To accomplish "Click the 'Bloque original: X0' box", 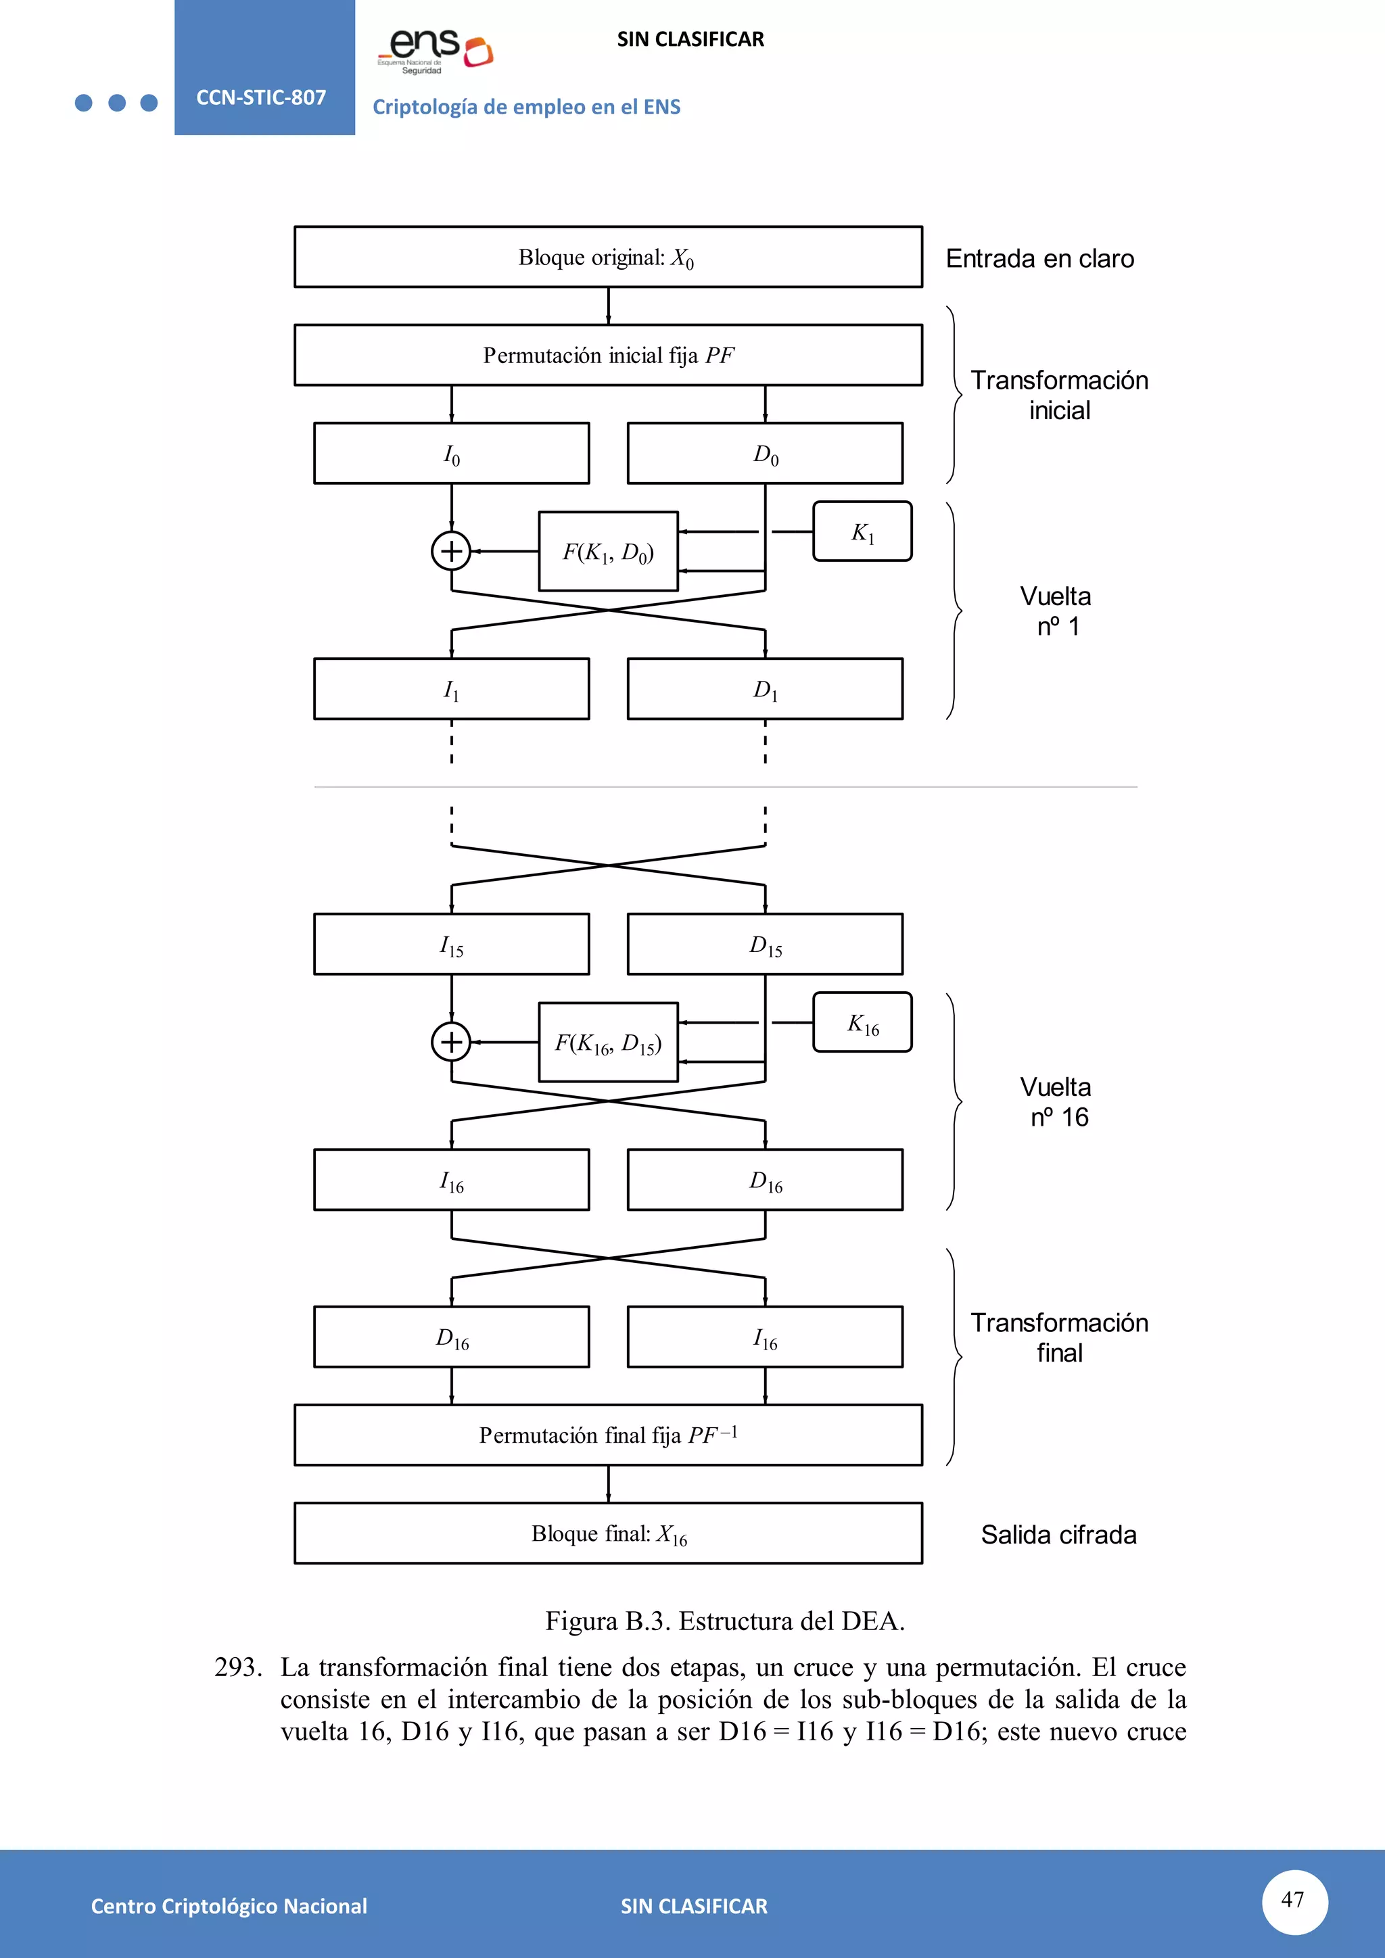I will tap(607, 257).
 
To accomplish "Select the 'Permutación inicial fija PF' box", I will tap(607, 355).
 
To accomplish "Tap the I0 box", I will tap(451, 454).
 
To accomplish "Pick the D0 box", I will tap(764, 454).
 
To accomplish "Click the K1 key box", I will tap(862, 531).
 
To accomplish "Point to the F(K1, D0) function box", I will tap(608, 552).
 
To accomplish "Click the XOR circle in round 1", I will tap(451, 551).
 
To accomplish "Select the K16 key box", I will tap(862, 1022).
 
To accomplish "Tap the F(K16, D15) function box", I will tap(608, 1042).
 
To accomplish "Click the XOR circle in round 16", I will tap(451, 1042).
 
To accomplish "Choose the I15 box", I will tap(451, 944).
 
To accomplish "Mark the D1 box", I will tap(764, 689).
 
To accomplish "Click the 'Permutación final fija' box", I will tap(607, 1435).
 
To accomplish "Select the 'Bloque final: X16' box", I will tap(607, 1533).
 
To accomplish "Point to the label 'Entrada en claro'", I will tap(1039, 258).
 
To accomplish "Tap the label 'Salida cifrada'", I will tap(1058, 1535).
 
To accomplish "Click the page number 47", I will tap(1294, 1900).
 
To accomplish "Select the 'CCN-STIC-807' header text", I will tap(261, 97).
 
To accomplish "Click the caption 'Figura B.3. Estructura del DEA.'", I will tap(725, 1621).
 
